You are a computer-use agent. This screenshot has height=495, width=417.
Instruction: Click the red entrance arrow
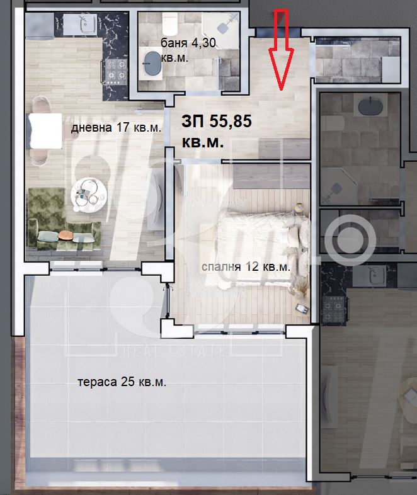(281, 50)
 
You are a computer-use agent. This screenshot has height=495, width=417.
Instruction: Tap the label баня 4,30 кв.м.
(188, 50)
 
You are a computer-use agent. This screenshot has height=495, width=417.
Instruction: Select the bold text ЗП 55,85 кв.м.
(217, 132)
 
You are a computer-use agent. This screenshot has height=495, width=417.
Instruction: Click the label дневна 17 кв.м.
(116, 128)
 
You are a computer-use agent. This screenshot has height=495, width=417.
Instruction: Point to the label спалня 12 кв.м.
(246, 267)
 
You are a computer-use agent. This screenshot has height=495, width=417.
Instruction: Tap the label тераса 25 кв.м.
(122, 382)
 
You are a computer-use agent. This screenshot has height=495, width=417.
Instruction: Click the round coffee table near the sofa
(89, 195)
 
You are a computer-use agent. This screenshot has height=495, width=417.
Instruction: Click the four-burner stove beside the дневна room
(115, 71)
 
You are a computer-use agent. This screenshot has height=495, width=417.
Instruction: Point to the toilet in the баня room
(170, 24)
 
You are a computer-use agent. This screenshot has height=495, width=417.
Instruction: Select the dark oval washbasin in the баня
(152, 63)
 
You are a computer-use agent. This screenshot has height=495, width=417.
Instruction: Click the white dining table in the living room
(45, 131)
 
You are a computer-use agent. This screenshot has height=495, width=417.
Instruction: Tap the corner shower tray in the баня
(220, 30)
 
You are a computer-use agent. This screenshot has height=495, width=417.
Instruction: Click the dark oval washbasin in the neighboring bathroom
(370, 106)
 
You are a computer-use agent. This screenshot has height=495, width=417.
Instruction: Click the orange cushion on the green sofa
(66, 235)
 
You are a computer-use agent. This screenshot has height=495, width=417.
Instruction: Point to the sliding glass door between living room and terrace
(95, 269)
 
